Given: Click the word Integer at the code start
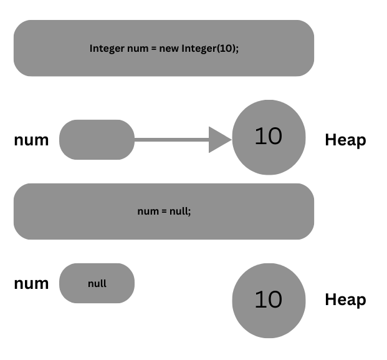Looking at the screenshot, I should click(107, 48).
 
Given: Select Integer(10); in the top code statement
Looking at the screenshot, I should click(210, 48).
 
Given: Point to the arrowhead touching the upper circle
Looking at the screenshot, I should click(220, 140).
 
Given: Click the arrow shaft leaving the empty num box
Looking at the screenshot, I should click(171, 140).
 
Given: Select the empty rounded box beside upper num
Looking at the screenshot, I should click(97, 140).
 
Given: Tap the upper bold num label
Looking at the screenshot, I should click(31, 140).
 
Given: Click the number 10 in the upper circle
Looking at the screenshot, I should click(269, 136).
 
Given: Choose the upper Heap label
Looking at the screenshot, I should click(345, 140).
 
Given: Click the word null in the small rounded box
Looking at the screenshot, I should click(97, 283).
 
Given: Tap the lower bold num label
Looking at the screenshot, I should click(31, 283).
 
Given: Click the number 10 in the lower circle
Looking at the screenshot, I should click(269, 300).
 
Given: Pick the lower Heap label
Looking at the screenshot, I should click(345, 300).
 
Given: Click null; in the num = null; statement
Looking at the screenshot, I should click(179, 211).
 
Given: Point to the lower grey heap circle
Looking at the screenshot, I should click(269, 318).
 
